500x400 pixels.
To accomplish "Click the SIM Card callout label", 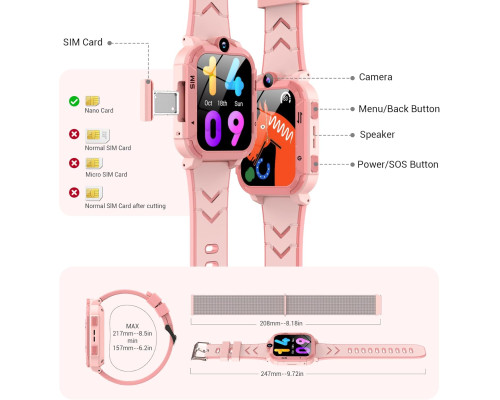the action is tap(83, 42).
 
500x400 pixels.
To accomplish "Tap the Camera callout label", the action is tap(375, 77).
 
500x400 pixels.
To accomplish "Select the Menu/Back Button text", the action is tap(399, 109).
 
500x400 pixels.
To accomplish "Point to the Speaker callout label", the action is tap(377, 135).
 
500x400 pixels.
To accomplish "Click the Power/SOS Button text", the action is tap(398, 164).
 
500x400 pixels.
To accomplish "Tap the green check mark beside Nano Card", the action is tap(74, 101).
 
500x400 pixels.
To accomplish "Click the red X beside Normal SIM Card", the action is tap(74, 134).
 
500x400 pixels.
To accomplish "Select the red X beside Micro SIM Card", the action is tap(74, 163).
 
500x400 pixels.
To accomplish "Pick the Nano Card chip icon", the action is tap(92, 101).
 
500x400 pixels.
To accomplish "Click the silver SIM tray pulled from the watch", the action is tap(166, 102).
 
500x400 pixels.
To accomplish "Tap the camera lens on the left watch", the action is tap(224, 44).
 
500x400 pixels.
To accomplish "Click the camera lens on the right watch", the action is tap(268, 80).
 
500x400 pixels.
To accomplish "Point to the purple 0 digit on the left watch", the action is tap(213, 129).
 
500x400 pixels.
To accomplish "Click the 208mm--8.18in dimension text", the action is tap(281, 323).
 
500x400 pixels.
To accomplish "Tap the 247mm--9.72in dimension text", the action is tap(282, 374).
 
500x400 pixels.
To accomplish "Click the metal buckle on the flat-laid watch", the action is tap(199, 351).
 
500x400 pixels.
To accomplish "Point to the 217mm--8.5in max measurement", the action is tap(132, 333).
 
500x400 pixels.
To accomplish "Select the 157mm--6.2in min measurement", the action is tap(132, 348).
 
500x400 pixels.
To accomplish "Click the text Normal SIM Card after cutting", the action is tap(125, 206).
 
